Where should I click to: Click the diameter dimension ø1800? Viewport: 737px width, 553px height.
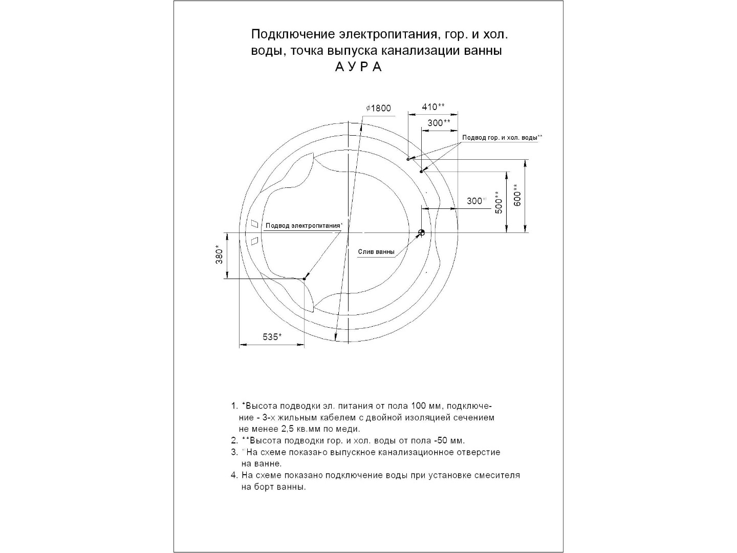[x=379, y=109]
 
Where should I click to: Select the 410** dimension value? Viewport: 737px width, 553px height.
[x=433, y=107]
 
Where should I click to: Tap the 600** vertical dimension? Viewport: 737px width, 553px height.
[x=517, y=195]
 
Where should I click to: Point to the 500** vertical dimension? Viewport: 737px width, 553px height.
[x=499, y=202]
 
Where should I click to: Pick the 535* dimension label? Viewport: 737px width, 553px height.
[x=272, y=337]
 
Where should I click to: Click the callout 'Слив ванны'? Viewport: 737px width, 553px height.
[x=376, y=252]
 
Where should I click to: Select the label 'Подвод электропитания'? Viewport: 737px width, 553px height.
[x=303, y=226]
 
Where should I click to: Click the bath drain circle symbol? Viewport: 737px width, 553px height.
[x=421, y=233]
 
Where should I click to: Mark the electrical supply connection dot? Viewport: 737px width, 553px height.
[x=304, y=279]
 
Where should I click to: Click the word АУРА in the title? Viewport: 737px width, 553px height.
[x=358, y=67]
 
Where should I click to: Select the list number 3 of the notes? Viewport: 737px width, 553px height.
[x=234, y=453]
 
